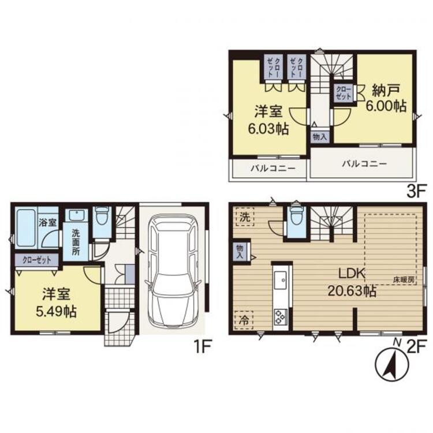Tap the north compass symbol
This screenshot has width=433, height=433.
tap(392, 365)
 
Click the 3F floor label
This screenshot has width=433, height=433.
tap(416, 192)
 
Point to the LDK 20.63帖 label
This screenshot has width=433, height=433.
tap(352, 282)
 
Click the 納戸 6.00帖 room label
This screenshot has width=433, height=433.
tap(386, 99)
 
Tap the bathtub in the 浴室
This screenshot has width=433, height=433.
tap(26, 228)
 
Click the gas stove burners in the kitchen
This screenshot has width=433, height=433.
tap(280, 316)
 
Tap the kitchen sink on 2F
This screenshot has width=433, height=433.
tap(281, 280)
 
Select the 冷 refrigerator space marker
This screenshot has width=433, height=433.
tap(244, 320)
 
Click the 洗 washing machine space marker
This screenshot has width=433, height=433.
tap(245, 216)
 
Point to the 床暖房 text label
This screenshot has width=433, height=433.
tap(404, 280)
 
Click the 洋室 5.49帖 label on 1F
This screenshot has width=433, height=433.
tap(57, 303)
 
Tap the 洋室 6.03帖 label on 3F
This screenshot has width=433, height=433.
tap(268, 121)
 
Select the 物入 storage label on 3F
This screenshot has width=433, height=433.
tap(320, 136)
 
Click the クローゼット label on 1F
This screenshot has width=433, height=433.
tap(37, 260)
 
